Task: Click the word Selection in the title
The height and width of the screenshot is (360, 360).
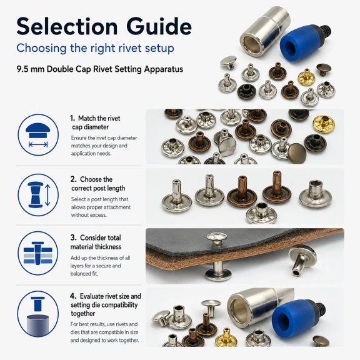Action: (67, 26)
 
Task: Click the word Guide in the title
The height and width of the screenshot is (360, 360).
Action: (159, 26)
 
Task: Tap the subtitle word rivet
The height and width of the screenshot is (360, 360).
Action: (130, 48)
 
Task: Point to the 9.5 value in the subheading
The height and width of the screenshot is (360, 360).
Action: (22, 69)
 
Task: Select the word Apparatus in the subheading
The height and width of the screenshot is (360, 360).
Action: (164, 69)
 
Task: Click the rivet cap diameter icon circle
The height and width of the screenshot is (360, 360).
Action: (38, 135)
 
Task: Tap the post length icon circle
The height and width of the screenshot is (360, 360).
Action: (38, 195)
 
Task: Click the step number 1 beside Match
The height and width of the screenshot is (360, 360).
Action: (72, 118)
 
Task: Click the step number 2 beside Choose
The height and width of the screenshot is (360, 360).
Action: (73, 179)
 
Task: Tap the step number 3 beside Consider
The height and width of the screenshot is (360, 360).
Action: (73, 237)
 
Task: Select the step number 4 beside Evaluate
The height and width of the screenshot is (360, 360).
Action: (73, 296)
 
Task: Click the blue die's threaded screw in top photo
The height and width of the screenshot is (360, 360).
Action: (327, 30)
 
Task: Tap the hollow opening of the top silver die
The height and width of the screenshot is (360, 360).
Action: (251, 44)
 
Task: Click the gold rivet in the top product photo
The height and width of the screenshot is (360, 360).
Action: (306, 77)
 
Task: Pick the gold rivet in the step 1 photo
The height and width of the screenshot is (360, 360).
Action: (324, 124)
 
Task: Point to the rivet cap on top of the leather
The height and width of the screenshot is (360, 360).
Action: (216, 239)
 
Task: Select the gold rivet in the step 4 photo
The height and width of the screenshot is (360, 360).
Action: (225, 337)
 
